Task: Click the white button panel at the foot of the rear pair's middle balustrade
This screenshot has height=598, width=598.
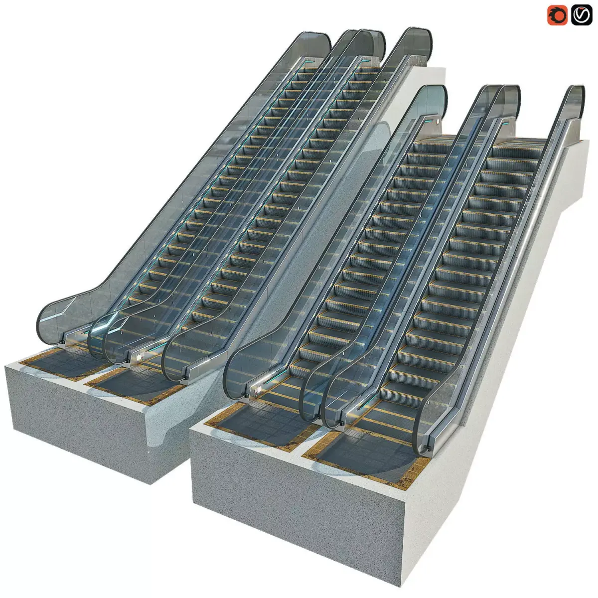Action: pos(138,356)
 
